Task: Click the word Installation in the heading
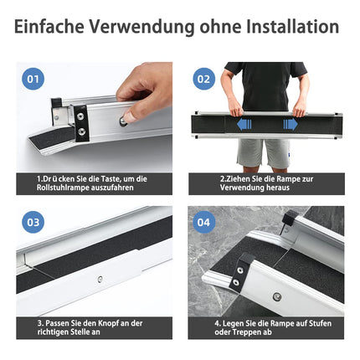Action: tap(293, 27)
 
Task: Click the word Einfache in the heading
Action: tap(49, 27)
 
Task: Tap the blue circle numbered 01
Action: tap(33, 79)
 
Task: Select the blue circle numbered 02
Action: tap(204, 79)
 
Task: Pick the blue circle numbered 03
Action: tap(33, 222)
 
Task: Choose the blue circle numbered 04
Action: tap(204, 222)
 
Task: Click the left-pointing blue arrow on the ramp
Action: tap(244, 124)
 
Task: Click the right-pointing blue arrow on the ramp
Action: tap(291, 124)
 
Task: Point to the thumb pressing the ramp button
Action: tap(131, 115)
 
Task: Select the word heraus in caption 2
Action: tap(278, 188)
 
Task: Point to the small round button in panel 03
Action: tap(100, 279)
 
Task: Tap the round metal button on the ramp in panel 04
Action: tap(276, 296)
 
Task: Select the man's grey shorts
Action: tap(264, 153)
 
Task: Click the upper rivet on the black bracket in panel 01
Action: tap(81, 116)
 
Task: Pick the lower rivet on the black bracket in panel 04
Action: tap(236, 282)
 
